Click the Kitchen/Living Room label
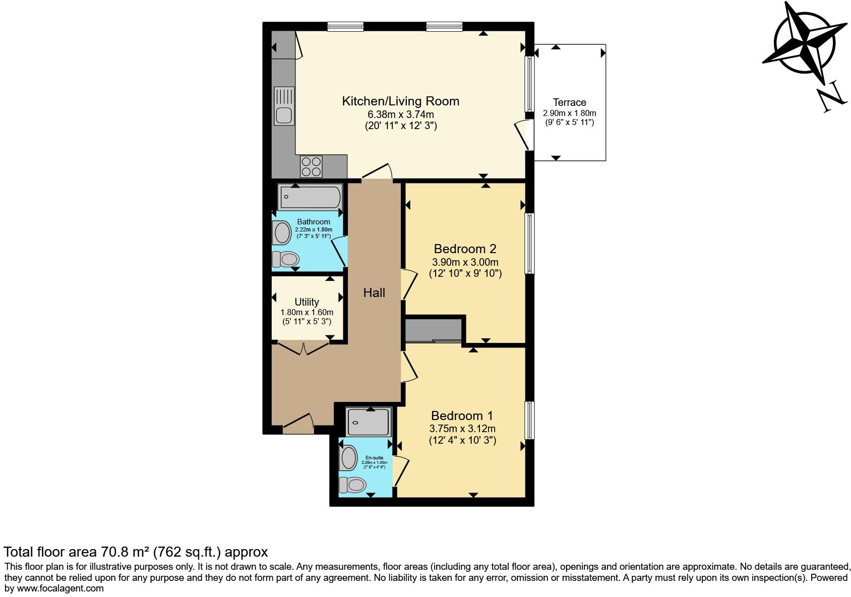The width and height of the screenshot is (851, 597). pyautogui.click(x=400, y=101)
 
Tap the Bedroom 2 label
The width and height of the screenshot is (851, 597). pyautogui.click(x=465, y=249)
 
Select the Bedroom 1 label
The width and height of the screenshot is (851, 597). pyautogui.click(x=462, y=416)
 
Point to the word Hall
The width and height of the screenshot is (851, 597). pyautogui.click(x=374, y=292)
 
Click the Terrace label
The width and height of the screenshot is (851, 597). pyautogui.click(x=570, y=102)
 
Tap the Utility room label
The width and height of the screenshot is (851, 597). pyautogui.click(x=307, y=302)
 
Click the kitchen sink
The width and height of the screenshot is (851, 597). pyautogui.click(x=284, y=106)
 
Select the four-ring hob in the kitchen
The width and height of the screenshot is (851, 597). pyautogui.click(x=311, y=166)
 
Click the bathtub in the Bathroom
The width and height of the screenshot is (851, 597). pyautogui.click(x=311, y=197)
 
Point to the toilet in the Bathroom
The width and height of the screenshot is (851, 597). pyautogui.click(x=286, y=259)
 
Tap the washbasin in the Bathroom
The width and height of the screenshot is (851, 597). pyautogui.click(x=281, y=232)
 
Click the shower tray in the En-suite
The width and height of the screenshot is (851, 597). pyautogui.click(x=368, y=422)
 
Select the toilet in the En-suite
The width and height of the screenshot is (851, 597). pyautogui.click(x=352, y=485)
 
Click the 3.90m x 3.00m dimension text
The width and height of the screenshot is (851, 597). pyautogui.click(x=465, y=262)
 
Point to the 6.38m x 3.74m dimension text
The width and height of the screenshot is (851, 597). pyautogui.click(x=400, y=114)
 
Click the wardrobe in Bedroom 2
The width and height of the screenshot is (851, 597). pyautogui.click(x=434, y=331)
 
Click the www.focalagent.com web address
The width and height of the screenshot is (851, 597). pyautogui.click(x=60, y=588)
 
